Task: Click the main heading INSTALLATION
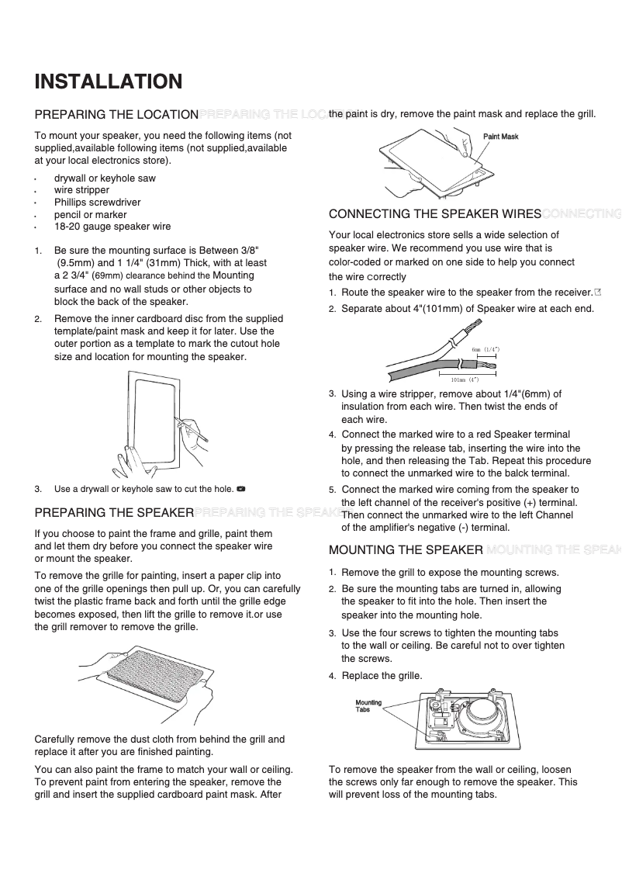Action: [x=109, y=81]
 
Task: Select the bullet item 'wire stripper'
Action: [x=81, y=190]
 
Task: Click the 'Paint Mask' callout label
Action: [x=500, y=137]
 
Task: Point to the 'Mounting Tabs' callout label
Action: [x=368, y=705]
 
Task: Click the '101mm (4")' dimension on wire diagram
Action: [x=465, y=379]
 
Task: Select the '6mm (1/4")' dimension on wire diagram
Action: [x=486, y=350]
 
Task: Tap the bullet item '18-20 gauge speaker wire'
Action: [x=112, y=227]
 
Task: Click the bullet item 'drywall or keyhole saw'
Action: [x=105, y=178]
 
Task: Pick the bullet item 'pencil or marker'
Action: [x=90, y=215]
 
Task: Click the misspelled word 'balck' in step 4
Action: [x=513, y=473]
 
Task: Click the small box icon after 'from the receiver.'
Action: [x=597, y=293]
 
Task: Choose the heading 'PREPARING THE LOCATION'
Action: [x=116, y=115]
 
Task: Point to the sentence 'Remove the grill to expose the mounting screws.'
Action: [x=450, y=573]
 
